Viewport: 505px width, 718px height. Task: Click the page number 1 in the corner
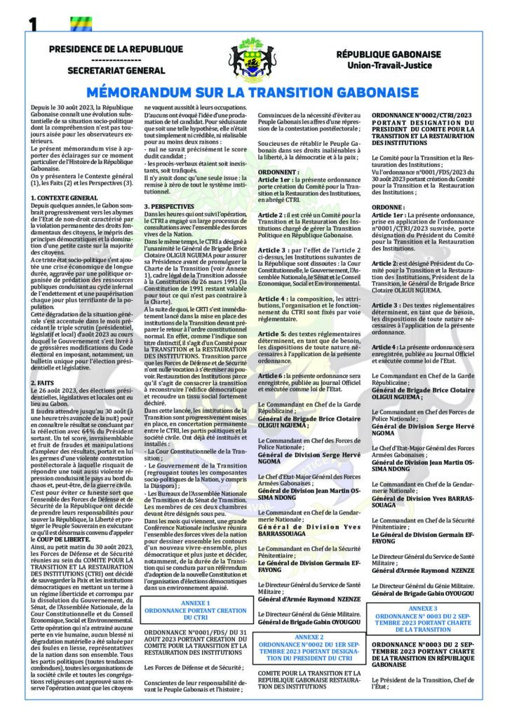[x=32, y=23]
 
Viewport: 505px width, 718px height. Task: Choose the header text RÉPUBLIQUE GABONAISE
[x=388, y=54]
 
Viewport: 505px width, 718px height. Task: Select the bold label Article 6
[x=271, y=377]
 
